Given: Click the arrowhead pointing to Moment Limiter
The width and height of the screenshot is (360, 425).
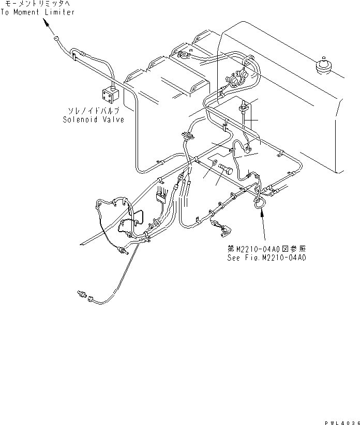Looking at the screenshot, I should click(46, 23).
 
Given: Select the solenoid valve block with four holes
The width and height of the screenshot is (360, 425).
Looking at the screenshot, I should click(110, 95).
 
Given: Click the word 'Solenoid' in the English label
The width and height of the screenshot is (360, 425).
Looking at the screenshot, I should click(78, 119).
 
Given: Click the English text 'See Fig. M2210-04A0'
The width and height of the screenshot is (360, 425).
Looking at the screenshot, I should click(266, 257).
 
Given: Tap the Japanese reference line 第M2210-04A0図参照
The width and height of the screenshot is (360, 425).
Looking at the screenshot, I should click(266, 249).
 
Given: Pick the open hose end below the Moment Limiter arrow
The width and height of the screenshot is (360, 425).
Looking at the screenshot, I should click(55, 37).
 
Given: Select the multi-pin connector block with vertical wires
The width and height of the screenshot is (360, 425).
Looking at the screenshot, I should click(161, 194).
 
